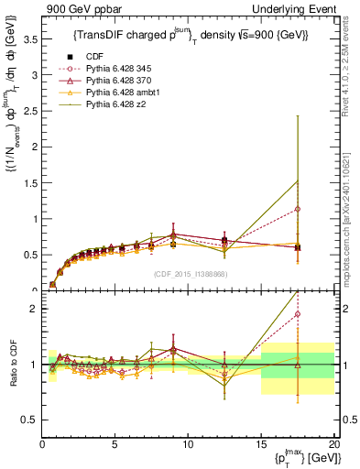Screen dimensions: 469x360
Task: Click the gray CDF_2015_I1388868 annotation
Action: tap(189, 274)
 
